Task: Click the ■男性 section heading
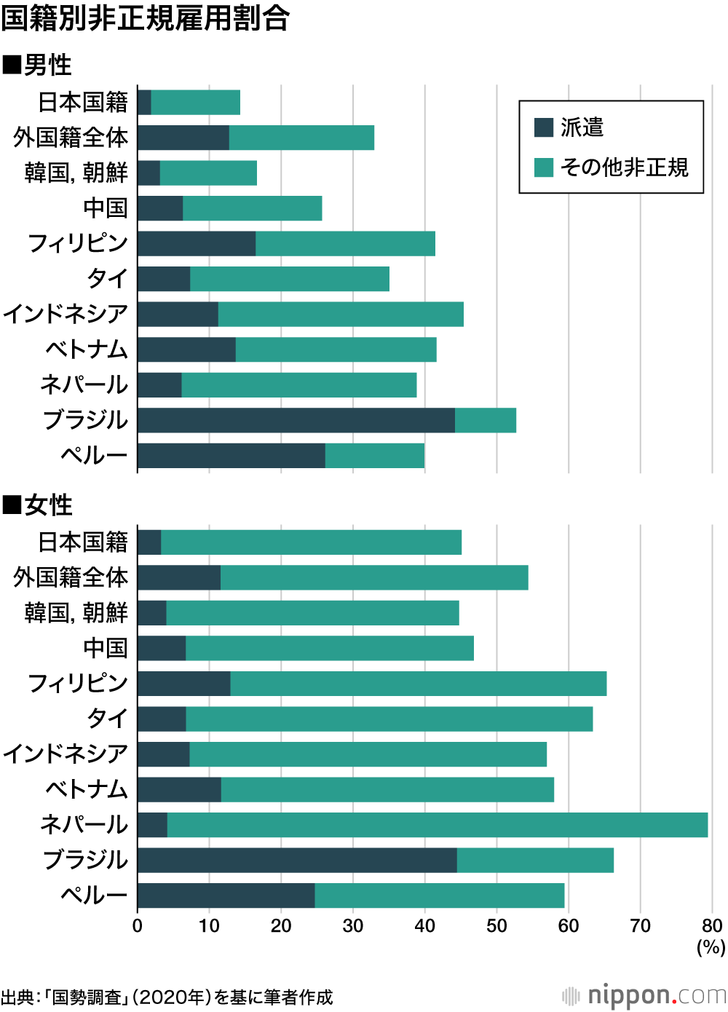coord(38,65)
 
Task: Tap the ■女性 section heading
coord(38,505)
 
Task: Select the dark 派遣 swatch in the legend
coord(544,127)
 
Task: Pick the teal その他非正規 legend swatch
coord(544,167)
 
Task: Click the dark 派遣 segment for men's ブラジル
coord(296,420)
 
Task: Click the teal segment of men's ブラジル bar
coord(486,420)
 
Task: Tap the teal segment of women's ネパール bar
coord(437,825)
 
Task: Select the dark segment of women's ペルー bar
coord(226,896)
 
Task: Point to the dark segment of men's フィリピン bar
coord(197,244)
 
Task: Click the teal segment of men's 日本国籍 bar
coord(195,103)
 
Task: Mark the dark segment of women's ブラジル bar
coord(297,860)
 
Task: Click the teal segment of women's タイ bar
coord(389,719)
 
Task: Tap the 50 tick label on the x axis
coord(496,926)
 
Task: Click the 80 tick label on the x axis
coord(712,926)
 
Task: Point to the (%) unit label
coord(711,946)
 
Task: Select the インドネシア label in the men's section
coord(66,314)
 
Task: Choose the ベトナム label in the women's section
coord(86,789)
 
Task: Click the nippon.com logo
coord(644,995)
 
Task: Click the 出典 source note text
coord(167,997)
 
